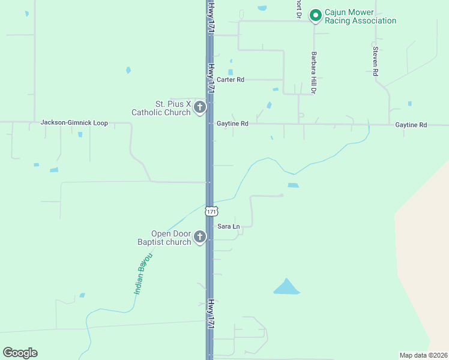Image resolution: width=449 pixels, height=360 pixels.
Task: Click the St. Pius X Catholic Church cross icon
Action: [x=200, y=108]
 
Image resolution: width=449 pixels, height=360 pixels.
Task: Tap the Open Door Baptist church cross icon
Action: [x=200, y=238]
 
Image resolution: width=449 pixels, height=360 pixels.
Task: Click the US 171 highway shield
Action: [x=210, y=211]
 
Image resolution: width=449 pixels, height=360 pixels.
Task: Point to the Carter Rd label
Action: [x=231, y=79]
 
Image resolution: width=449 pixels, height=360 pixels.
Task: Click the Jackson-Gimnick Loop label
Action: [x=74, y=123]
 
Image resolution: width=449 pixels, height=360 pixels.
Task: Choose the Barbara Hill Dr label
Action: [x=313, y=73]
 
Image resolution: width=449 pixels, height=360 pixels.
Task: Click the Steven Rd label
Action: [x=375, y=61]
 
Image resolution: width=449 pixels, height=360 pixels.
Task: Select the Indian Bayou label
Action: [x=143, y=273]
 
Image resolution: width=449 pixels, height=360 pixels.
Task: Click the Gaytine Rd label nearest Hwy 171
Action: [x=232, y=124]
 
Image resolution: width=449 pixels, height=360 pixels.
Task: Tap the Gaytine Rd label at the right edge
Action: [x=411, y=125]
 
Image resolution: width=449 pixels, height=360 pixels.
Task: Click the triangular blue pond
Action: [x=286, y=288]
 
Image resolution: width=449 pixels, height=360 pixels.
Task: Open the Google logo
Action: [x=20, y=353]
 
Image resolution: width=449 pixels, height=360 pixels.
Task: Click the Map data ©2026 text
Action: [x=423, y=355]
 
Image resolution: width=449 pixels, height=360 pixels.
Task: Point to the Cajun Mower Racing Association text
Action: [x=360, y=16]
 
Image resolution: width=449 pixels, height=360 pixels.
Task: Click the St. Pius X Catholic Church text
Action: [x=161, y=108]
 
